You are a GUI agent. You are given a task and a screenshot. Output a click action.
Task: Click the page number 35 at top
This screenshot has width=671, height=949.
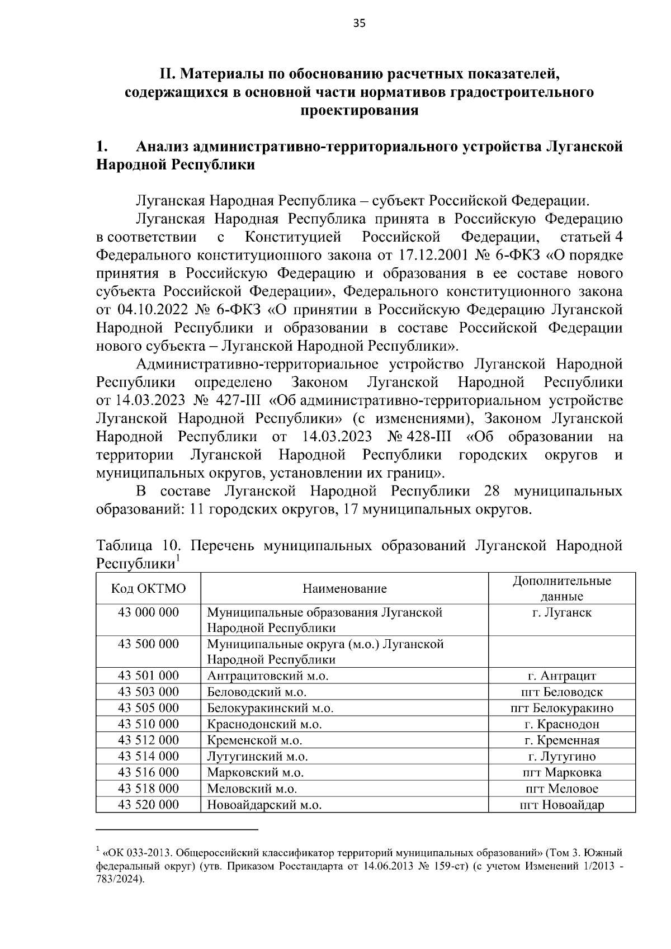tap(360, 23)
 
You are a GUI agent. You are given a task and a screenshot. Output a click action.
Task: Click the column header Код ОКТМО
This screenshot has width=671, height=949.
tap(148, 588)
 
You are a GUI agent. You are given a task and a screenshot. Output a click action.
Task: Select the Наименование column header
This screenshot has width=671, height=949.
tap(344, 588)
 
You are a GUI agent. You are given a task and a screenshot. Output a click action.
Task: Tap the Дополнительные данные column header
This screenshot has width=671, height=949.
tap(561, 588)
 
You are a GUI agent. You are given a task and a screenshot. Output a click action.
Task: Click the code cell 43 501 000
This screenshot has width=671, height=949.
tap(148, 676)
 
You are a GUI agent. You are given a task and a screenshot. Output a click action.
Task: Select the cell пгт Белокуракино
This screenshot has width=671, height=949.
tap(561, 708)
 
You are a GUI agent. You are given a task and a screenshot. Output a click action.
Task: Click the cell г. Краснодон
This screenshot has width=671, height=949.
tap(561, 724)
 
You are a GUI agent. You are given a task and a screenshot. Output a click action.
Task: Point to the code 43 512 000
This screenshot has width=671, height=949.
tap(148, 740)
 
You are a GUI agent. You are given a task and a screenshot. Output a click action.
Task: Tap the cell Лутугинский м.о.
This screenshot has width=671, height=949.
tap(257, 757)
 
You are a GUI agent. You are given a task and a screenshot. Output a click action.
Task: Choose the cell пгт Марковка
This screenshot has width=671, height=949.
tap(561, 773)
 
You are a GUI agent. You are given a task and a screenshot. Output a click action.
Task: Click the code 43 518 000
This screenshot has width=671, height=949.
tap(148, 789)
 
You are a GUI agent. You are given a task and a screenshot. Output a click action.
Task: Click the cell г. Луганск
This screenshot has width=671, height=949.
tap(561, 612)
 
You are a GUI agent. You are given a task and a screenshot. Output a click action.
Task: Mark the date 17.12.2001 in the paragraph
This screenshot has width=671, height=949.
tap(432, 256)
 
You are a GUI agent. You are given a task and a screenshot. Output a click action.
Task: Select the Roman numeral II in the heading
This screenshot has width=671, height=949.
tap(166, 73)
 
